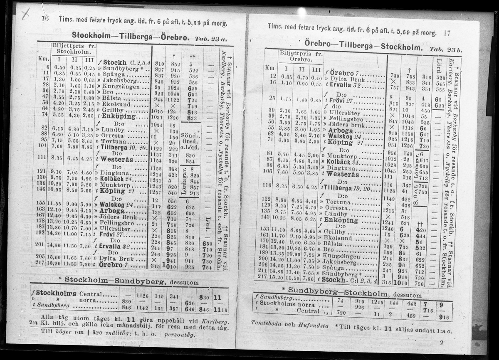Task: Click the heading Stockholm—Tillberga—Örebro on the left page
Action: pos(130,35)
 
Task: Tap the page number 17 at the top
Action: pos(447,33)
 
